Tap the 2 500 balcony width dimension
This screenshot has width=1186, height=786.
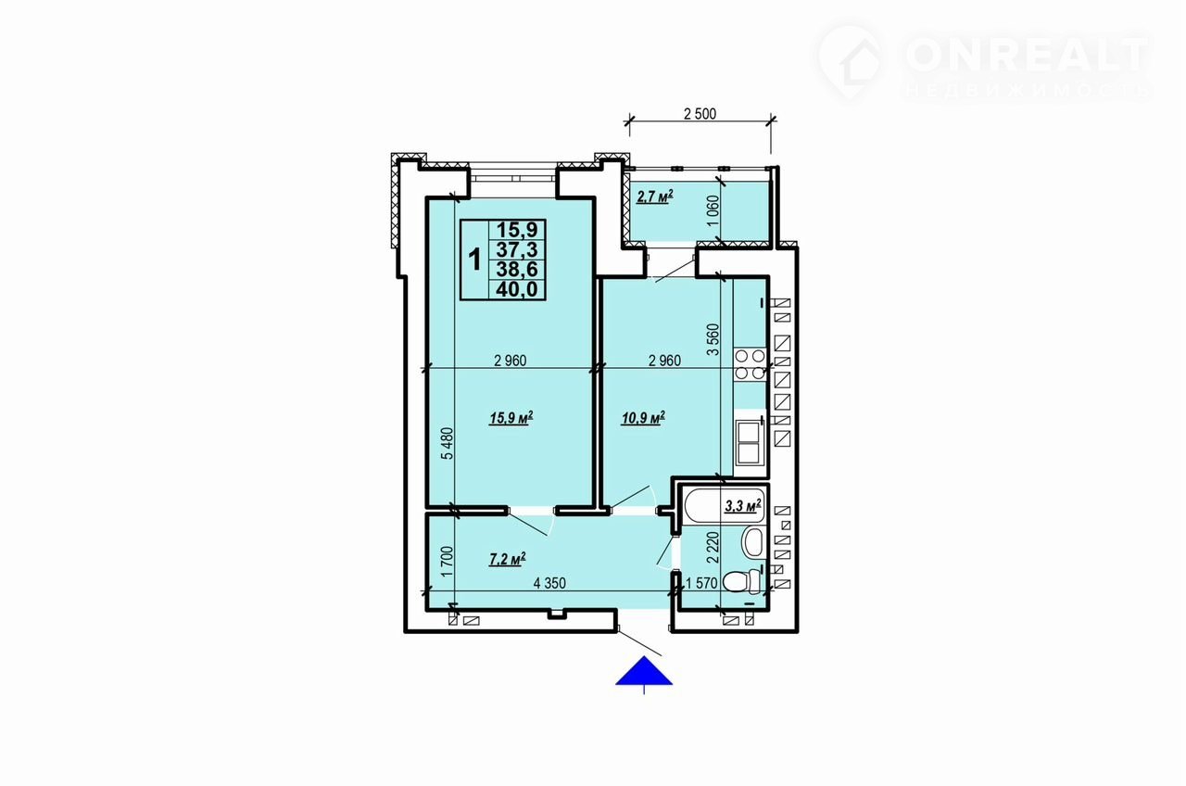(700, 114)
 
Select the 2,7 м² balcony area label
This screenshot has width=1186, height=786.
(655, 197)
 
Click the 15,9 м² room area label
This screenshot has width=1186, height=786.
(511, 418)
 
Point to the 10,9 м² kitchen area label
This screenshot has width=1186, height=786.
(643, 418)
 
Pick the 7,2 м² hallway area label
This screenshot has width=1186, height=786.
(508, 559)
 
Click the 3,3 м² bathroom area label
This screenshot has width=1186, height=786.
(743, 506)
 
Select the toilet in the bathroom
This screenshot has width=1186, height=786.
(742, 582)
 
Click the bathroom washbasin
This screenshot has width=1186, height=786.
(752, 542)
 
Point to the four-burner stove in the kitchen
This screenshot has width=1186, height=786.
(750, 364)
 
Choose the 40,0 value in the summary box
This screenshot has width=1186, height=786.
(517, 290)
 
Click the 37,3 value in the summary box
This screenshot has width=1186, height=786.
(517, 249)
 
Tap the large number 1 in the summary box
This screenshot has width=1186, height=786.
(475, 260)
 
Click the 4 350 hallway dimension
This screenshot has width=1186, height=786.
(549, 583)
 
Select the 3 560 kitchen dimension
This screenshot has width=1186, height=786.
(713, 339)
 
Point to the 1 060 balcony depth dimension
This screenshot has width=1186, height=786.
(713, 210)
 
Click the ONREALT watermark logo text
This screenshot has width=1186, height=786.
(1028, 55)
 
